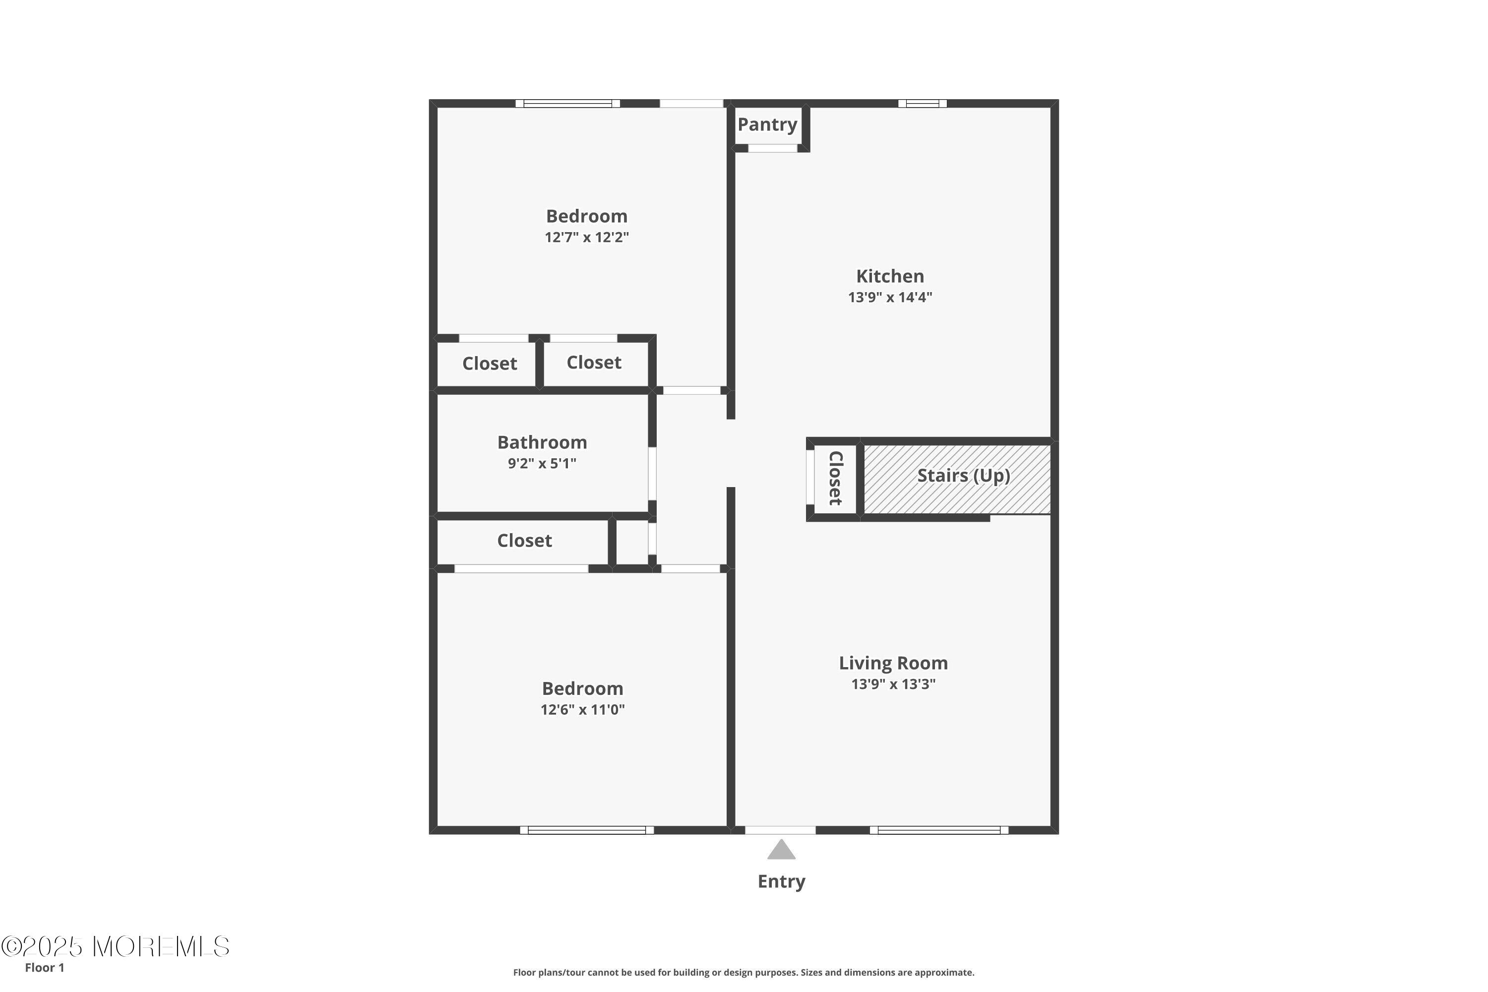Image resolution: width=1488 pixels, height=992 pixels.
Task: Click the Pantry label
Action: pos(767,124)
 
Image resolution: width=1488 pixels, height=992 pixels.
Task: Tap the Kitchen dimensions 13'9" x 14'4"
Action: pos(890,297)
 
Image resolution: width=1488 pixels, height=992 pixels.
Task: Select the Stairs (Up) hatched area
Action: pos(957,479)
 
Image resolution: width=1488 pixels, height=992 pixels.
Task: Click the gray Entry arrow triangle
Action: pos(781,849)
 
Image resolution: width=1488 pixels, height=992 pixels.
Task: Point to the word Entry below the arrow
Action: pos(781,881)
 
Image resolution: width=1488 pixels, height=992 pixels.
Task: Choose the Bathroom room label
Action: pos(542,442)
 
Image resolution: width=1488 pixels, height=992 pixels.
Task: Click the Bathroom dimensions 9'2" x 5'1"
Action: pos(542,464)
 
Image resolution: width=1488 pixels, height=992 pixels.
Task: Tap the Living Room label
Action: pos(893,664)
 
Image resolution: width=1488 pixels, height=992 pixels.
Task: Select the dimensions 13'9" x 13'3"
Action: pos(893,684)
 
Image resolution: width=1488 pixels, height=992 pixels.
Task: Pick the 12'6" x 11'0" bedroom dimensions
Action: pos(583,710)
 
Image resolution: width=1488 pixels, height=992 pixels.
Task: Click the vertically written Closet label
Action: pos(835,478)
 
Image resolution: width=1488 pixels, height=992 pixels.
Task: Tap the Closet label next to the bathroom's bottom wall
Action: pos(524,541)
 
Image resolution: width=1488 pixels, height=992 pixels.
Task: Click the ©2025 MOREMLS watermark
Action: pos(115,947)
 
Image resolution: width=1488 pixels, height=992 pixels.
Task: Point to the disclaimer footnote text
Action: pos(744,972)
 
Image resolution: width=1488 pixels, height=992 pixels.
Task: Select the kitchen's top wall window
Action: pos(923,104)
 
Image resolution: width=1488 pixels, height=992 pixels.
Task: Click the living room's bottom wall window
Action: pos(939,830)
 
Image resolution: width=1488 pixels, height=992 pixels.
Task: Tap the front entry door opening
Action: pos(780,830)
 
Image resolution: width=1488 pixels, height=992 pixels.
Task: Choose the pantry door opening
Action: pos(772,148)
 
